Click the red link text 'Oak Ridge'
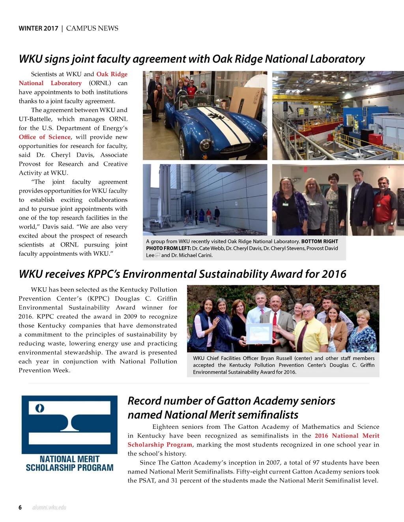pyautogui.click(x=112, y=74)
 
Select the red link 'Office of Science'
pyautogui.click(x=45, y=137)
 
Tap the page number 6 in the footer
pyautogui.click(x=20, y=507)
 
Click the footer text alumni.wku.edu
pyautogui.click(x=49, y=507)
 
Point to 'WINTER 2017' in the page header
pyautogui.click(x=38, y=28)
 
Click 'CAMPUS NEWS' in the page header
pyautogui.click(x=92, y=28)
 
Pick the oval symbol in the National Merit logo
pyautogui.click(x=39, y=408)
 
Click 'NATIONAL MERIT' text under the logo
pyautogui.click(x=69, y=459)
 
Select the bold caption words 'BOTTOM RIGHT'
pyautogui.click(x=320, y=241)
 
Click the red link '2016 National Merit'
pyautogui.click(x=347, y=436)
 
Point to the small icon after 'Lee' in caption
pyautogui.click(x=157, y=255)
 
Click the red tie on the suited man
pyautogui.click(x=274, y=323)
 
